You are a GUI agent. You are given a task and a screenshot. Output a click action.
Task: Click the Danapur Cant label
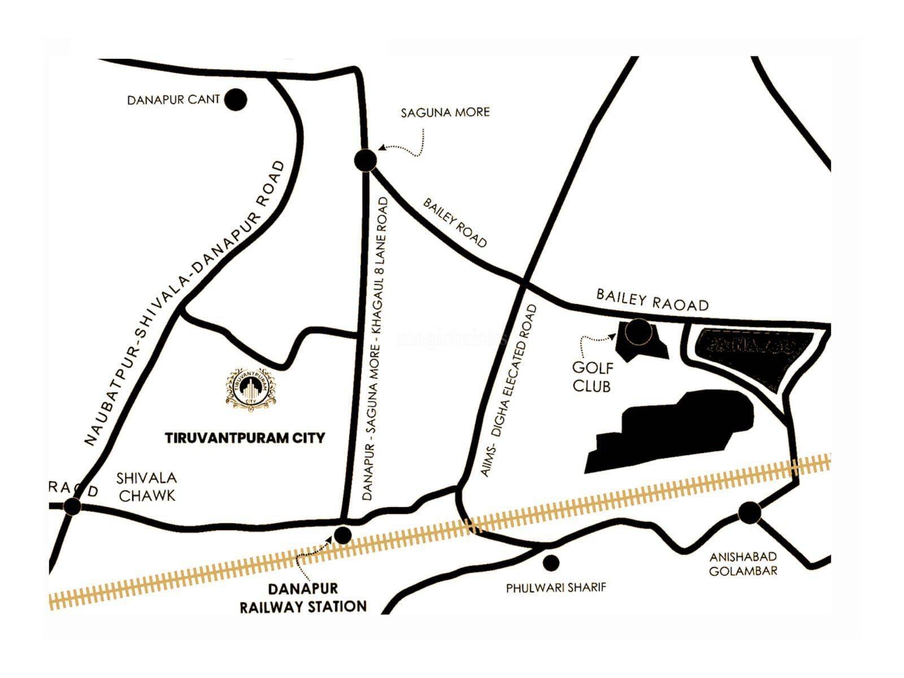coord(173,100)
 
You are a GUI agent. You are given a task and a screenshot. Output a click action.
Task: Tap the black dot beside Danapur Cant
coord(236,100)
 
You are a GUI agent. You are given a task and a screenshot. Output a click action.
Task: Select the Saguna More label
coord(445,112)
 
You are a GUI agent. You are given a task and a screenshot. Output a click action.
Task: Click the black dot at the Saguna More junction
coord(366,160)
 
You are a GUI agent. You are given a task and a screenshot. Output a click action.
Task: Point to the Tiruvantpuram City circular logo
coord(251,387)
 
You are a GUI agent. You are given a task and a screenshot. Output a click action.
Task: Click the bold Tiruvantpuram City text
coord(245,438)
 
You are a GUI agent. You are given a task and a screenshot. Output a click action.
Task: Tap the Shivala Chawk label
coord(146,486)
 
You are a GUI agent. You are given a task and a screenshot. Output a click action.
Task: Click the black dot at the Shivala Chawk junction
coord(72,506)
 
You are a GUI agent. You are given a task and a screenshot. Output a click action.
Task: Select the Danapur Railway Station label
coord(303,598)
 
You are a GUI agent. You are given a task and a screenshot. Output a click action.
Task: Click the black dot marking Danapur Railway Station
coord(343,534)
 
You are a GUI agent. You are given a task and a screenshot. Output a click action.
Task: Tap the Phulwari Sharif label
coord(555,588)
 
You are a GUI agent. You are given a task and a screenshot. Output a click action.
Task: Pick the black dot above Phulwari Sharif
coord(550,562)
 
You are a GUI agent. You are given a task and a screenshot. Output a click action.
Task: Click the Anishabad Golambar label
coord(743,564)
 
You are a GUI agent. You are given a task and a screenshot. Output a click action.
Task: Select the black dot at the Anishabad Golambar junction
coord(750,512)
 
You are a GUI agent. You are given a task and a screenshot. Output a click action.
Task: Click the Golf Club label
coord(592,376)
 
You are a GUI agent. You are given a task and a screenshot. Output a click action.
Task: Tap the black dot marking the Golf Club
coord(637,332)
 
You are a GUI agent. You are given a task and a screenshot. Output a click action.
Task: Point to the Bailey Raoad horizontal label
coord(653,300)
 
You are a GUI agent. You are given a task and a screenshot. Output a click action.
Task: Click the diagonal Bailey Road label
coord(455,223)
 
